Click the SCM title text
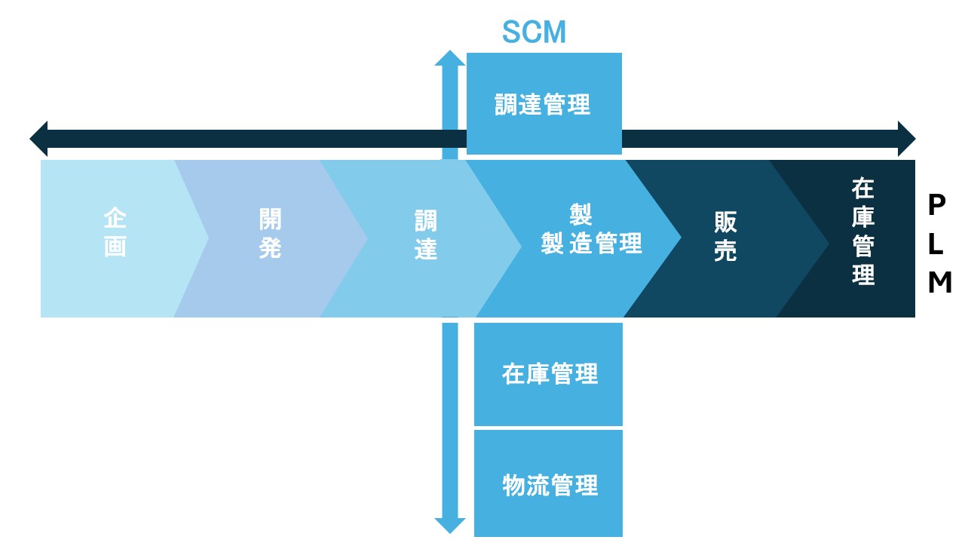coord(534,32)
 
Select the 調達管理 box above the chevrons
coord(544,103)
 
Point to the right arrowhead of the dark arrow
coord(906,139)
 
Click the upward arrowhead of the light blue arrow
coord(450,58)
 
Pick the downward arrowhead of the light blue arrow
coord(450,526)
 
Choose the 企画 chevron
coord(115,234)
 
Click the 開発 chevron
coord(269,234)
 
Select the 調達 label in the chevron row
coord(426,235)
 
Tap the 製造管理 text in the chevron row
coord(591,243)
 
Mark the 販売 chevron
coord(725,237)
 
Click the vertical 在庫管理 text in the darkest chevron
coord(863,231)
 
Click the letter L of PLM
coord(938,244)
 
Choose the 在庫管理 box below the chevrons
coord(549,374)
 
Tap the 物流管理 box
coord(549,483)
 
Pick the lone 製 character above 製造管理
coord(580,215)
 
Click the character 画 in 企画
coord(115,247)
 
